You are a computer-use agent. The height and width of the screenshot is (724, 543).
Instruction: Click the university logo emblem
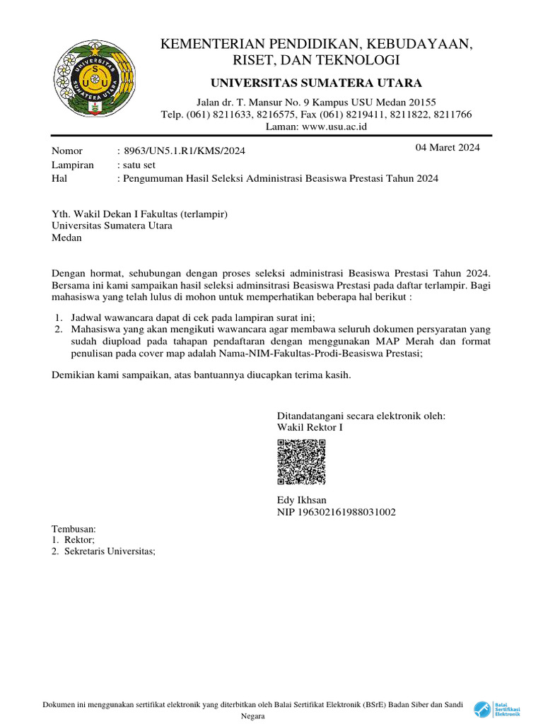click(89, 78)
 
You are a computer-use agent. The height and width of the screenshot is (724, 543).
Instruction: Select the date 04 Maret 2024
click(448, 148)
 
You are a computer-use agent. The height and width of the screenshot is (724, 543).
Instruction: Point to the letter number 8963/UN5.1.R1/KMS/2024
click(185, 151)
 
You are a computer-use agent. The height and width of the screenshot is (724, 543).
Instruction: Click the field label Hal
click(59, 179)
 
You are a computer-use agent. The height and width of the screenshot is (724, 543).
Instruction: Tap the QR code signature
click(301, 462)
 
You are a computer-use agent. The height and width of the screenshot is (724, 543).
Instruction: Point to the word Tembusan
click(74, 528)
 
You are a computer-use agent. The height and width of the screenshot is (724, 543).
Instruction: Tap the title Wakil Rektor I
click(310, 428)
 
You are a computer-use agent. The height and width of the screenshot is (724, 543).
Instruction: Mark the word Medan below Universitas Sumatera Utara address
click(67, 238)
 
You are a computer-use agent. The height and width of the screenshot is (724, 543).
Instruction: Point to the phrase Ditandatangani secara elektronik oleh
click(361, 416)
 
